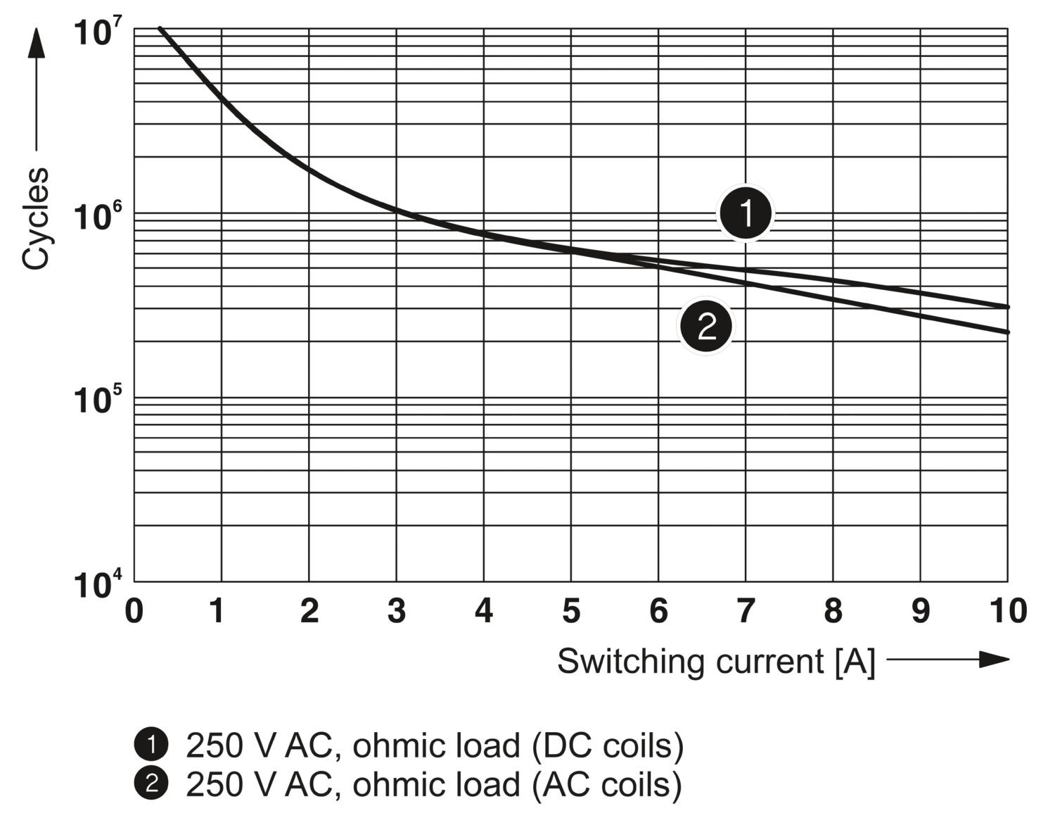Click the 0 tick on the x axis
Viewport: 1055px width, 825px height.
(x=134, y=611)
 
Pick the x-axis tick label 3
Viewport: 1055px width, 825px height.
(x=397, y=611)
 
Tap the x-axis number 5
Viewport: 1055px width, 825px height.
(x=571, y=611)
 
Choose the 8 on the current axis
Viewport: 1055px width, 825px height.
(x=833, y=611)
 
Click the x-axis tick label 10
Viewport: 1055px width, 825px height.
(x=1007, y=611)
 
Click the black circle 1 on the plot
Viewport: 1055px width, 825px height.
(x=746, y=213)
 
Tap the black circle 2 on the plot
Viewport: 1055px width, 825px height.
(x=705, y=327)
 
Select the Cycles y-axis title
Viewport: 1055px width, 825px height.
(x=35, y=218)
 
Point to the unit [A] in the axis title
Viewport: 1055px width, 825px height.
(x=855, y=662)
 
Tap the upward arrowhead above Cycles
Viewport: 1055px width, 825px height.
(x=36, y=44)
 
